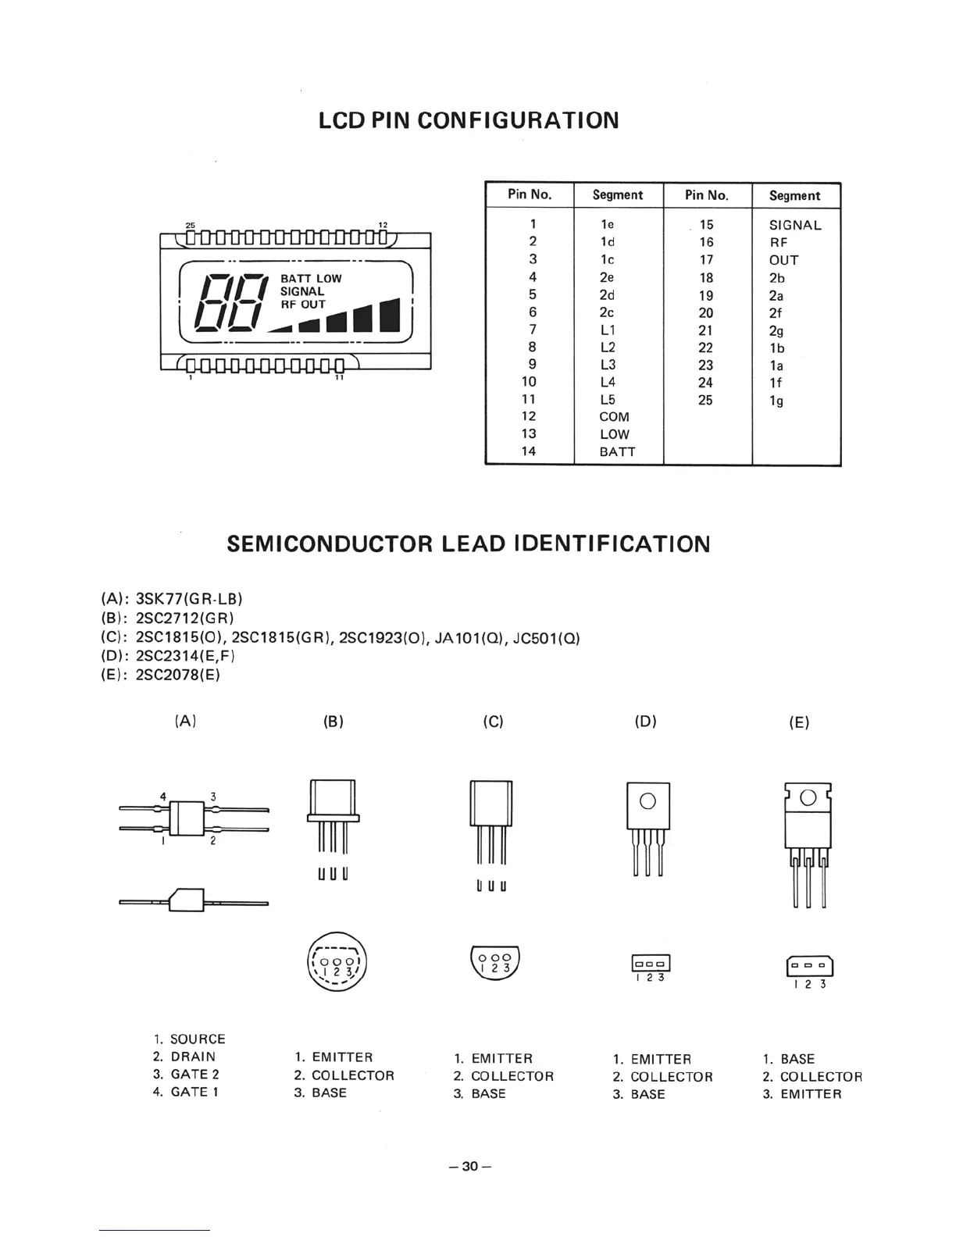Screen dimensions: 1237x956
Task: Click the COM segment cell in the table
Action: click(x=614, y=417)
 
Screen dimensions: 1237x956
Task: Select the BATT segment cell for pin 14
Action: click(x=617, y=451)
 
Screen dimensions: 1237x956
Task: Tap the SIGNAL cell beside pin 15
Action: click(x=795, y=225)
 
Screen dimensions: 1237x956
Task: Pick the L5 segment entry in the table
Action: click(x=608, y=399)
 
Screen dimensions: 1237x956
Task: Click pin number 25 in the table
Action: click(x=705, y=400)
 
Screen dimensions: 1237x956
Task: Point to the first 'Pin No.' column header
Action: click(x=530, y=194)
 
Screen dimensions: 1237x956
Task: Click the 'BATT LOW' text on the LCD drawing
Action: click(x=311, y=279)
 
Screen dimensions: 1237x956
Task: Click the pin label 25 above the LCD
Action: click(x=190, y=226)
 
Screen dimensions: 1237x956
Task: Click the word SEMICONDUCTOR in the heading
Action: click(x=329, y=544)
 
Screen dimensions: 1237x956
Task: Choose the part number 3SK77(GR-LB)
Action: click(x=189, y=599)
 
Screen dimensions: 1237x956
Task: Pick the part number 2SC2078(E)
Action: click(x=178, y=675)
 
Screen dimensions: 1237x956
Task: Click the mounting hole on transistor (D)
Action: click(x=647, y=800)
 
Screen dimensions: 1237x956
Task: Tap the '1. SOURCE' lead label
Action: click(x=190, y=1039)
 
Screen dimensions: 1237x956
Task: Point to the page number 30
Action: click(x=469, y=1167)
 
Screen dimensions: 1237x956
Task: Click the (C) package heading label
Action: click(x=493, y=722)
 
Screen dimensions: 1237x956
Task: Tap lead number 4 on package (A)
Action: click(x=163, y=797)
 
